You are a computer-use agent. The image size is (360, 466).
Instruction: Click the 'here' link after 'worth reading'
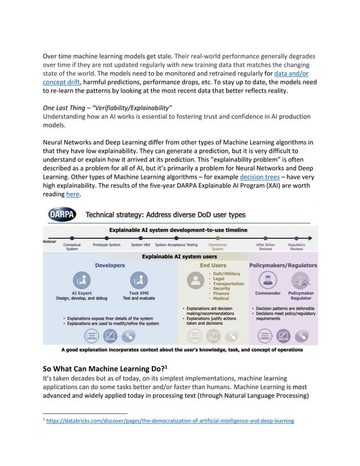[73, 194]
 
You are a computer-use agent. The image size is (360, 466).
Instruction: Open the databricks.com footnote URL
[169, 421]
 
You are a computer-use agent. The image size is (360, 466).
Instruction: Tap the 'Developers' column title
[109, 265]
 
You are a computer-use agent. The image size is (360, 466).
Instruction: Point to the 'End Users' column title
[213, 265]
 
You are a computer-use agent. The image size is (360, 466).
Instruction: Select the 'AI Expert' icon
[82, 280]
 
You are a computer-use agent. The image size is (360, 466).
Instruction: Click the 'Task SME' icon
[138, 280]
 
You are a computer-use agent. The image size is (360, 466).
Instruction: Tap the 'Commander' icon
[267, 280]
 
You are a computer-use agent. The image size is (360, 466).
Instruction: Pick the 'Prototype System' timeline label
[107, 245]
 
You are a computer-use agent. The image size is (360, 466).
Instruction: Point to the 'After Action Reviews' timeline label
[265, 247]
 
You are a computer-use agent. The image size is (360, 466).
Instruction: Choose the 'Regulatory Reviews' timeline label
[296, 247]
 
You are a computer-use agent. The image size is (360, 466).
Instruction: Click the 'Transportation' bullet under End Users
[228, 284]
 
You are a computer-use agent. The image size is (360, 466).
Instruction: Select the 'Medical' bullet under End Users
[221, 299]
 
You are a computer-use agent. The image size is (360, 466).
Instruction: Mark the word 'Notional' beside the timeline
[51, 241]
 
